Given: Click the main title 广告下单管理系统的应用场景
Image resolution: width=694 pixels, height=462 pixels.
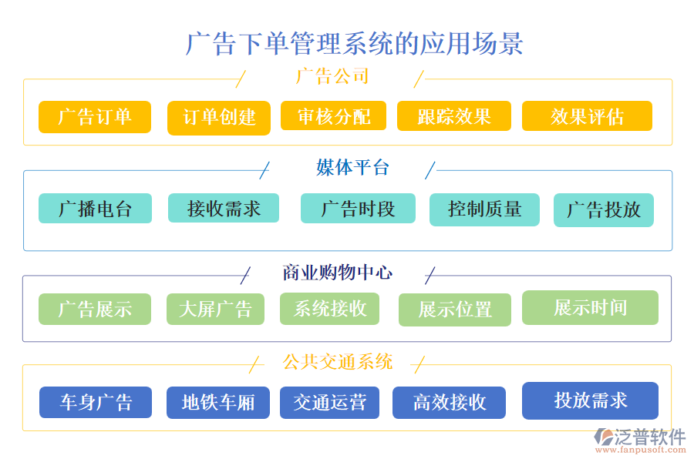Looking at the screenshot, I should [x=354, y=43].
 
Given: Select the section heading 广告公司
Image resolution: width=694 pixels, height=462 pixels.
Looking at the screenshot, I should [x=332, y=77].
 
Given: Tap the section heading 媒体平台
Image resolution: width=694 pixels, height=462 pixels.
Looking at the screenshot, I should [x=352, y=168].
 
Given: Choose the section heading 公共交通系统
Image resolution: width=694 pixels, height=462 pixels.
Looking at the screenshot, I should [x=338, y=362].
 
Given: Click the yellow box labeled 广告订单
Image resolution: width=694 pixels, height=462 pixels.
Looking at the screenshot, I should [x=95, y=117].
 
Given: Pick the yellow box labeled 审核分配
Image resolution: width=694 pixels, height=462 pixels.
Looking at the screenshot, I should [x=333, y=116].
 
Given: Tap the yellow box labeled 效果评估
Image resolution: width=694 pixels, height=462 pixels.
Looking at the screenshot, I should [x=587, y=116].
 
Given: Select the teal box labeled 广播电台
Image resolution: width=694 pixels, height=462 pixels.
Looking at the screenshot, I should [x=95, y=209].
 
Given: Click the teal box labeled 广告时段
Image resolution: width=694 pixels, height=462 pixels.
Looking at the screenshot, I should [x=358, y=209].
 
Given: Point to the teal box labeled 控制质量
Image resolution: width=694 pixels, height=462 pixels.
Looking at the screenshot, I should [x=484, y=209].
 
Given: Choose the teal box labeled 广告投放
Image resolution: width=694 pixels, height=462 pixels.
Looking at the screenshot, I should [x=603, y=210].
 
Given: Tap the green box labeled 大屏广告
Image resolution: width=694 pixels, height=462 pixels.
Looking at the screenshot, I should [x=215, y=310].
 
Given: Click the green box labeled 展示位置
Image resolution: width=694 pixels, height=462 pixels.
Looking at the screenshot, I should [x=454, y=310].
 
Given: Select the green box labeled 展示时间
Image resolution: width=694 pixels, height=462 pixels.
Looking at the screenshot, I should [x=590, y=307].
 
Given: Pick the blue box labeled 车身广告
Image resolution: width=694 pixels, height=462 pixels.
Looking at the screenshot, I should [x=96, y=402].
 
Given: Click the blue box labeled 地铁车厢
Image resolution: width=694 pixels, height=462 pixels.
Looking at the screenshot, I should [x=217, y=402].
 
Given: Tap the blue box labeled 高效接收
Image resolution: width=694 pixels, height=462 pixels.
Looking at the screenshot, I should [x=449, y=402].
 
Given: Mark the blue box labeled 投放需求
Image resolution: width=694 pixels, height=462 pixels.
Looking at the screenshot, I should [x=590, y=400].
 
